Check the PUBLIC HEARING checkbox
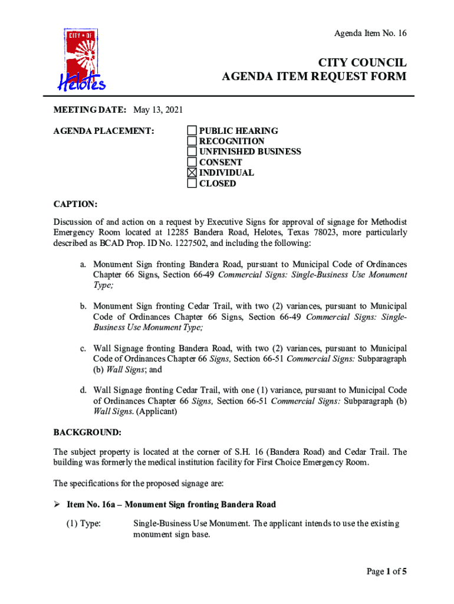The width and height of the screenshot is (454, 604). point(192,130)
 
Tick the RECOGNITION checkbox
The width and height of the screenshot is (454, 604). point(192,141)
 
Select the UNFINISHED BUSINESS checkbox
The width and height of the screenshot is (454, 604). point(192,152)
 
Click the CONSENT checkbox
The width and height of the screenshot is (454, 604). point(192,162)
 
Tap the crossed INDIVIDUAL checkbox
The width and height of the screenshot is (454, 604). point(192,173)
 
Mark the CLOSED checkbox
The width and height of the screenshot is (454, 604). point(192,183)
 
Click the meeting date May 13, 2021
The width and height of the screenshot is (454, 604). point(158,110)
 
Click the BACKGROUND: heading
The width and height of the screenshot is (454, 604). point(87,432)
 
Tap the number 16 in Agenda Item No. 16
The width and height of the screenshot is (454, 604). point(401,33)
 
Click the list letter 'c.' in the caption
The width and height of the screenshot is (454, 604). point(84,349)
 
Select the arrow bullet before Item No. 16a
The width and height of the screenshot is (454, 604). point(57,504)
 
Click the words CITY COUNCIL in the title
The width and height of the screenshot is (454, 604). point(362,63)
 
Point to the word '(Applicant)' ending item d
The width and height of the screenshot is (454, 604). point(156,411)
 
